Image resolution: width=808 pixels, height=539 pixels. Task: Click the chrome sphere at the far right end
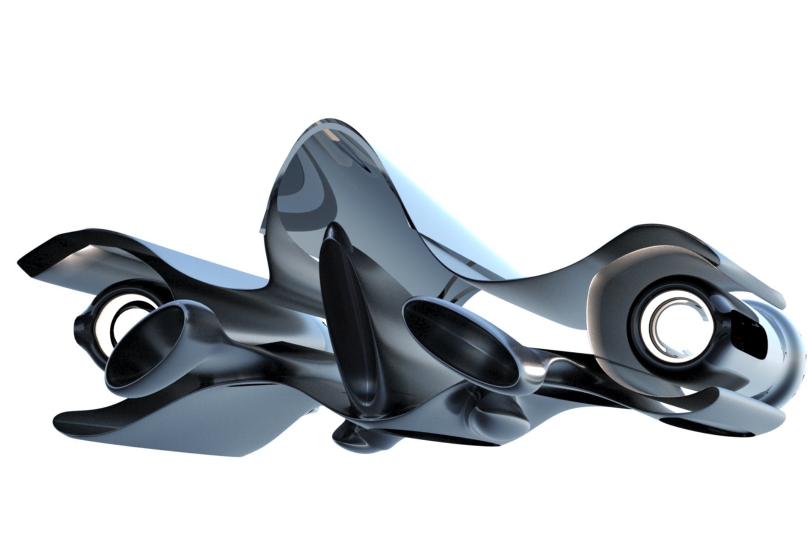778,353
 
